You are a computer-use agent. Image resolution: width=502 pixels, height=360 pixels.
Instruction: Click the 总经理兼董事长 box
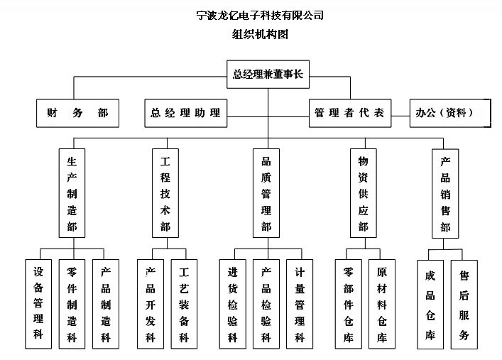[268, 74]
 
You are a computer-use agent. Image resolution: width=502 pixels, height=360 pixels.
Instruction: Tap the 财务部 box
[77, 113]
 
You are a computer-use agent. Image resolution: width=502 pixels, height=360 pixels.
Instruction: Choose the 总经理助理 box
[186, 113]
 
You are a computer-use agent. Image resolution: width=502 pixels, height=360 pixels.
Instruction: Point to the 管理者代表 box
[349, 113]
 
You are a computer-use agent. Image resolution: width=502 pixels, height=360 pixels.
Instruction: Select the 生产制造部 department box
[72, 192]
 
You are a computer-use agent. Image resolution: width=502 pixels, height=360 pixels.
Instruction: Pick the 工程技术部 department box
[165, 192]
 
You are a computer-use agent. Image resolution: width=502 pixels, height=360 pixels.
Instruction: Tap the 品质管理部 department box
[266, 192]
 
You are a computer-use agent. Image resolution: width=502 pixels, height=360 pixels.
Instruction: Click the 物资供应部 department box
[364, 192]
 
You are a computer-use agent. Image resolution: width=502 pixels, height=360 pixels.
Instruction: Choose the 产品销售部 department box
[445, 192]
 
